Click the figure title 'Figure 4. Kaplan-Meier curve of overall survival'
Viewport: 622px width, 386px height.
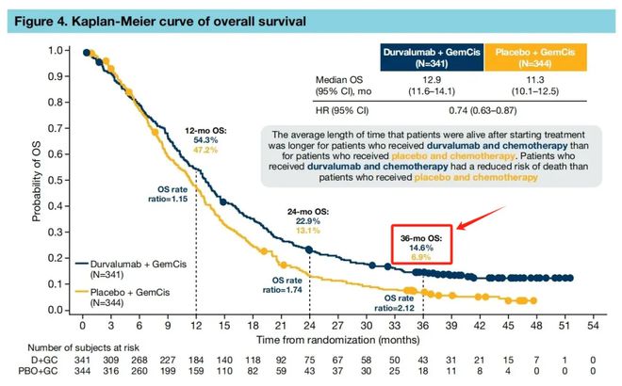(160, 21)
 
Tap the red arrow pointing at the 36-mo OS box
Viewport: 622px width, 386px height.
(482, 217)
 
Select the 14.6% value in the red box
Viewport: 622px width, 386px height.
(421, 248)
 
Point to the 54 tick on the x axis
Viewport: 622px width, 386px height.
(593, 326)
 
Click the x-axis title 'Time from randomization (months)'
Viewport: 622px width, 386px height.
(338, 340)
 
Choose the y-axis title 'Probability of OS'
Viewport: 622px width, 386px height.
(37, 181)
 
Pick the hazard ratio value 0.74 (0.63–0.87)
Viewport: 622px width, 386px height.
(483, 110)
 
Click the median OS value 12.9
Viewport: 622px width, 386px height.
(432, 80)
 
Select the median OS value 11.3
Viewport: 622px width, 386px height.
(534, 80)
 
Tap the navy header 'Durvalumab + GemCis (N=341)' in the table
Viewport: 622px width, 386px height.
(432, 57)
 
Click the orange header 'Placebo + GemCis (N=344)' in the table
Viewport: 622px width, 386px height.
(535, 57)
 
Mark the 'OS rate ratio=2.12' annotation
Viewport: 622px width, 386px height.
(399, 303)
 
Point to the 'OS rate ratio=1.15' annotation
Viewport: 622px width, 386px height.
(168, 194)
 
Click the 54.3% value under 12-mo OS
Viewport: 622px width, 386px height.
(205, 140)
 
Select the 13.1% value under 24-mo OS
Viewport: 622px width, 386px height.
(308, 231)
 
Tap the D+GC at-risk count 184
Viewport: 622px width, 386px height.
(196, 361)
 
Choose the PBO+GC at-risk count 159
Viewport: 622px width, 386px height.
(196, 371)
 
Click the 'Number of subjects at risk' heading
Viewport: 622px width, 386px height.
(83, 348)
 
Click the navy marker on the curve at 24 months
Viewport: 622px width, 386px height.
(309, 249)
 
